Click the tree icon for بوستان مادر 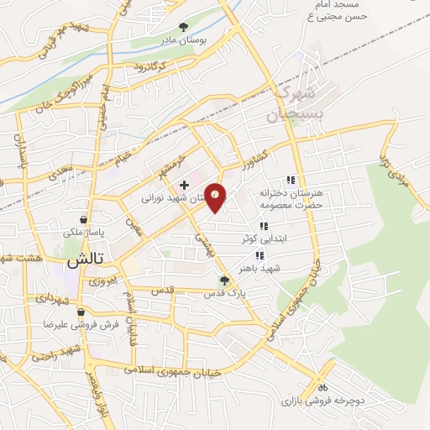click(x=183, y=27)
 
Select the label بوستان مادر click(x=183, y=39)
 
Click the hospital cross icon click(x=184, y=184)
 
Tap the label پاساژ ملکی click(x=82, y=229)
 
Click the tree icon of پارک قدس click(x=223, y=281)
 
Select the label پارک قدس click(x=223, y=295)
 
